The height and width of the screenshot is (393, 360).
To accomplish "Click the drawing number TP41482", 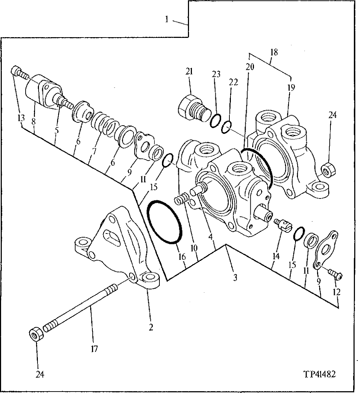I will click(319, 374).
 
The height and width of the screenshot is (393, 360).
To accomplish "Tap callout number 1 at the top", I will click(167, 19).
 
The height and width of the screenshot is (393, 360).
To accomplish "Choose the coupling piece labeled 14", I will click(282, 225).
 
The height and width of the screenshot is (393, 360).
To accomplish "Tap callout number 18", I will click(274, 52).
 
